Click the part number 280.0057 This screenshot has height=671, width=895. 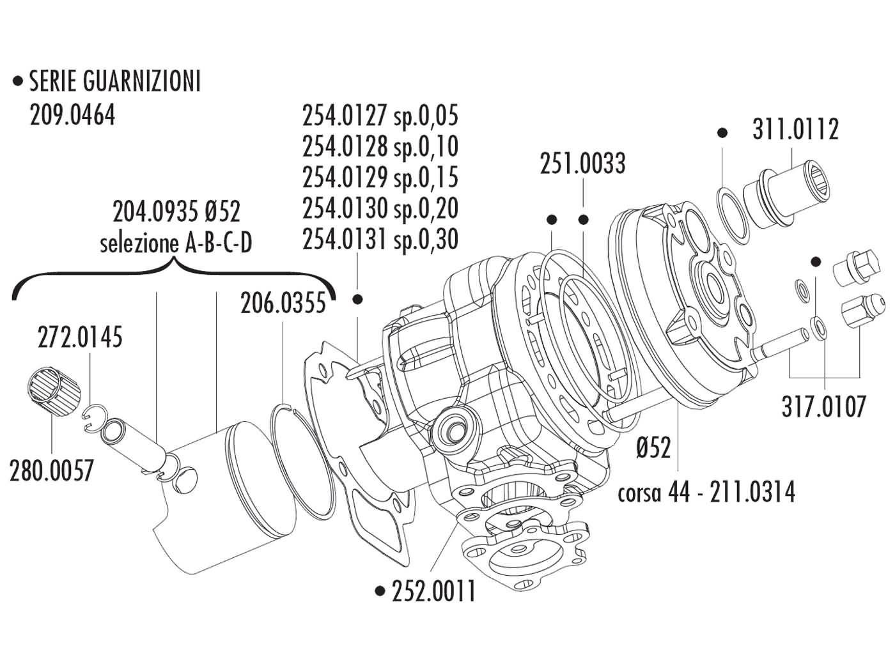(51, 472)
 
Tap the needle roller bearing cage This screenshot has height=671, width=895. (54, 390)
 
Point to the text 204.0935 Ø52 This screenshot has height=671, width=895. (176, 211)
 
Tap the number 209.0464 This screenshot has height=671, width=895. (72, 116)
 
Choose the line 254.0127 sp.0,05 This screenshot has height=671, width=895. (380, 116)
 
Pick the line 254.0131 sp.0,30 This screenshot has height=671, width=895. (380, 239)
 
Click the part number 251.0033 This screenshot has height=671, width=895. (582, 164)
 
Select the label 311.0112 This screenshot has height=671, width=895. (795, 130)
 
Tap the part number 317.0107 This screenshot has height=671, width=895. (824, 406)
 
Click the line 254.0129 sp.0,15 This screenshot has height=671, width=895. (380, 178)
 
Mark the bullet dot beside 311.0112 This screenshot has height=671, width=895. (722, 133)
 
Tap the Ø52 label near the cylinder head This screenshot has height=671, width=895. (654, 447)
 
